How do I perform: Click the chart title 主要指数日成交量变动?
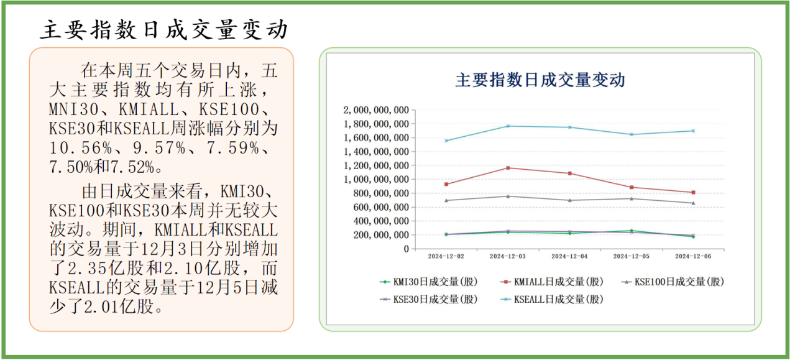pos(540,80)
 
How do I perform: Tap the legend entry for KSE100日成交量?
pos(674,282)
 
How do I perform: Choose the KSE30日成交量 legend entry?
pos(428,299)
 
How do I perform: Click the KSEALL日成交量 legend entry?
pos(552,299)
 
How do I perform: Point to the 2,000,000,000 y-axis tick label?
pos(375,110)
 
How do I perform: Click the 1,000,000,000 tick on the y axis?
pos(375,179)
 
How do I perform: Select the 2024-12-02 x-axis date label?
pos(446,256)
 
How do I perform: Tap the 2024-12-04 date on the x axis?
pos(569,256)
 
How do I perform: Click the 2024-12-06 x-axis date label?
pos(692,256)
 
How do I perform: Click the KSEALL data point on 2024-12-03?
pos(508,126)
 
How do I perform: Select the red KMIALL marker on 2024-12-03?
pos(508,168)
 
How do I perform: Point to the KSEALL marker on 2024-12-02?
pos(446,141)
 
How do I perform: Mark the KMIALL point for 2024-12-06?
pos(693,193)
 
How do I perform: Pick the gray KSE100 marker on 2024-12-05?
pos(632,198)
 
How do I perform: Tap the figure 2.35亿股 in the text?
pos(96,269)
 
